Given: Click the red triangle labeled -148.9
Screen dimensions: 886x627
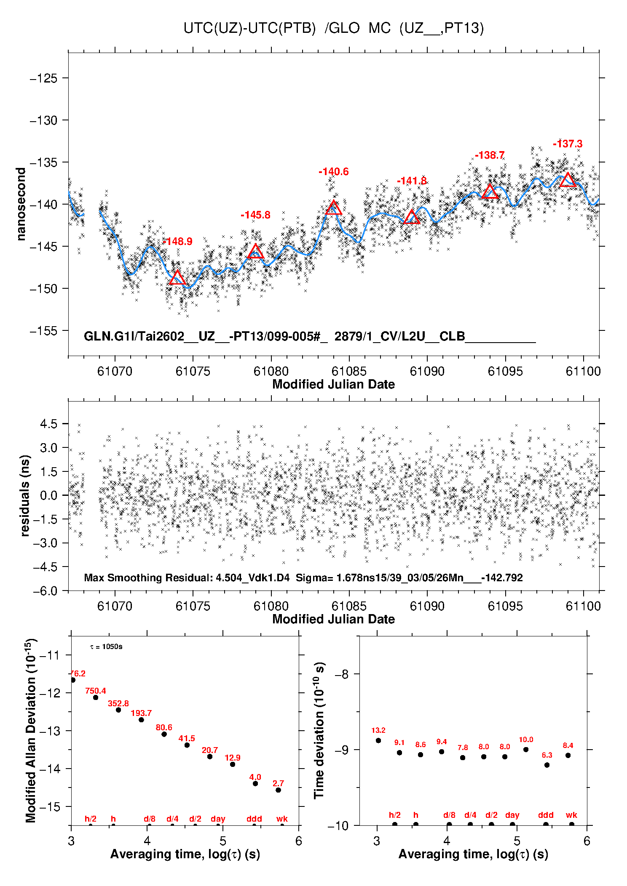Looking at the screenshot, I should click(177, 278).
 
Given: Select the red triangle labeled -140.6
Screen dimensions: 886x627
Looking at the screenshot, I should click(334, 208).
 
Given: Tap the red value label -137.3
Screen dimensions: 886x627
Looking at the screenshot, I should click(568, 144).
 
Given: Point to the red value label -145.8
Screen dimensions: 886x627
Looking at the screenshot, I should click(255, 215).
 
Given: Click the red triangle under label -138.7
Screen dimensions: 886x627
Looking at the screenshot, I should click(490, 192).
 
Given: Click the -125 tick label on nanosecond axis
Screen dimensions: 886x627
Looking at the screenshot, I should click(43, 78).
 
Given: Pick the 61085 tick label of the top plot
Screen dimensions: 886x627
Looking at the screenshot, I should click(349, 371).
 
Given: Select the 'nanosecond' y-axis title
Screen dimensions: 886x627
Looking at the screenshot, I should click(21, 204).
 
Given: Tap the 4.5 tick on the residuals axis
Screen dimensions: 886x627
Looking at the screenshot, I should click(48, 424).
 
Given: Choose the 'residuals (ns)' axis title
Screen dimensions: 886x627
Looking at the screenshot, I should click(25, 495).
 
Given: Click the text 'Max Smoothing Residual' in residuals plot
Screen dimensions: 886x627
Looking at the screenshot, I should click(147, 577).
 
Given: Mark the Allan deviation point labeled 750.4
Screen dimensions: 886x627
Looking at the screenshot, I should click(96, 697).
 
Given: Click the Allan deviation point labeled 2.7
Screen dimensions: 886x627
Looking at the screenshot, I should click(278, 790).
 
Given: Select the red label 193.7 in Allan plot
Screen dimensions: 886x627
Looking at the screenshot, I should click(141, 713).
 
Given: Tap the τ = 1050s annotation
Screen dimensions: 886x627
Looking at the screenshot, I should click(106, 647).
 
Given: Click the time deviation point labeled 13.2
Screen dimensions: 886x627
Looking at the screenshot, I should click(378, 740).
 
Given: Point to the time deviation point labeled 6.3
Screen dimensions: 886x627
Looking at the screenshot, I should click(547, 765).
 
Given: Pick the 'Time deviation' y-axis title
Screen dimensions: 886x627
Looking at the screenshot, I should click(319, 731).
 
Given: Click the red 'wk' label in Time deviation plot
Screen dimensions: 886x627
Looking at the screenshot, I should click(571, 815).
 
